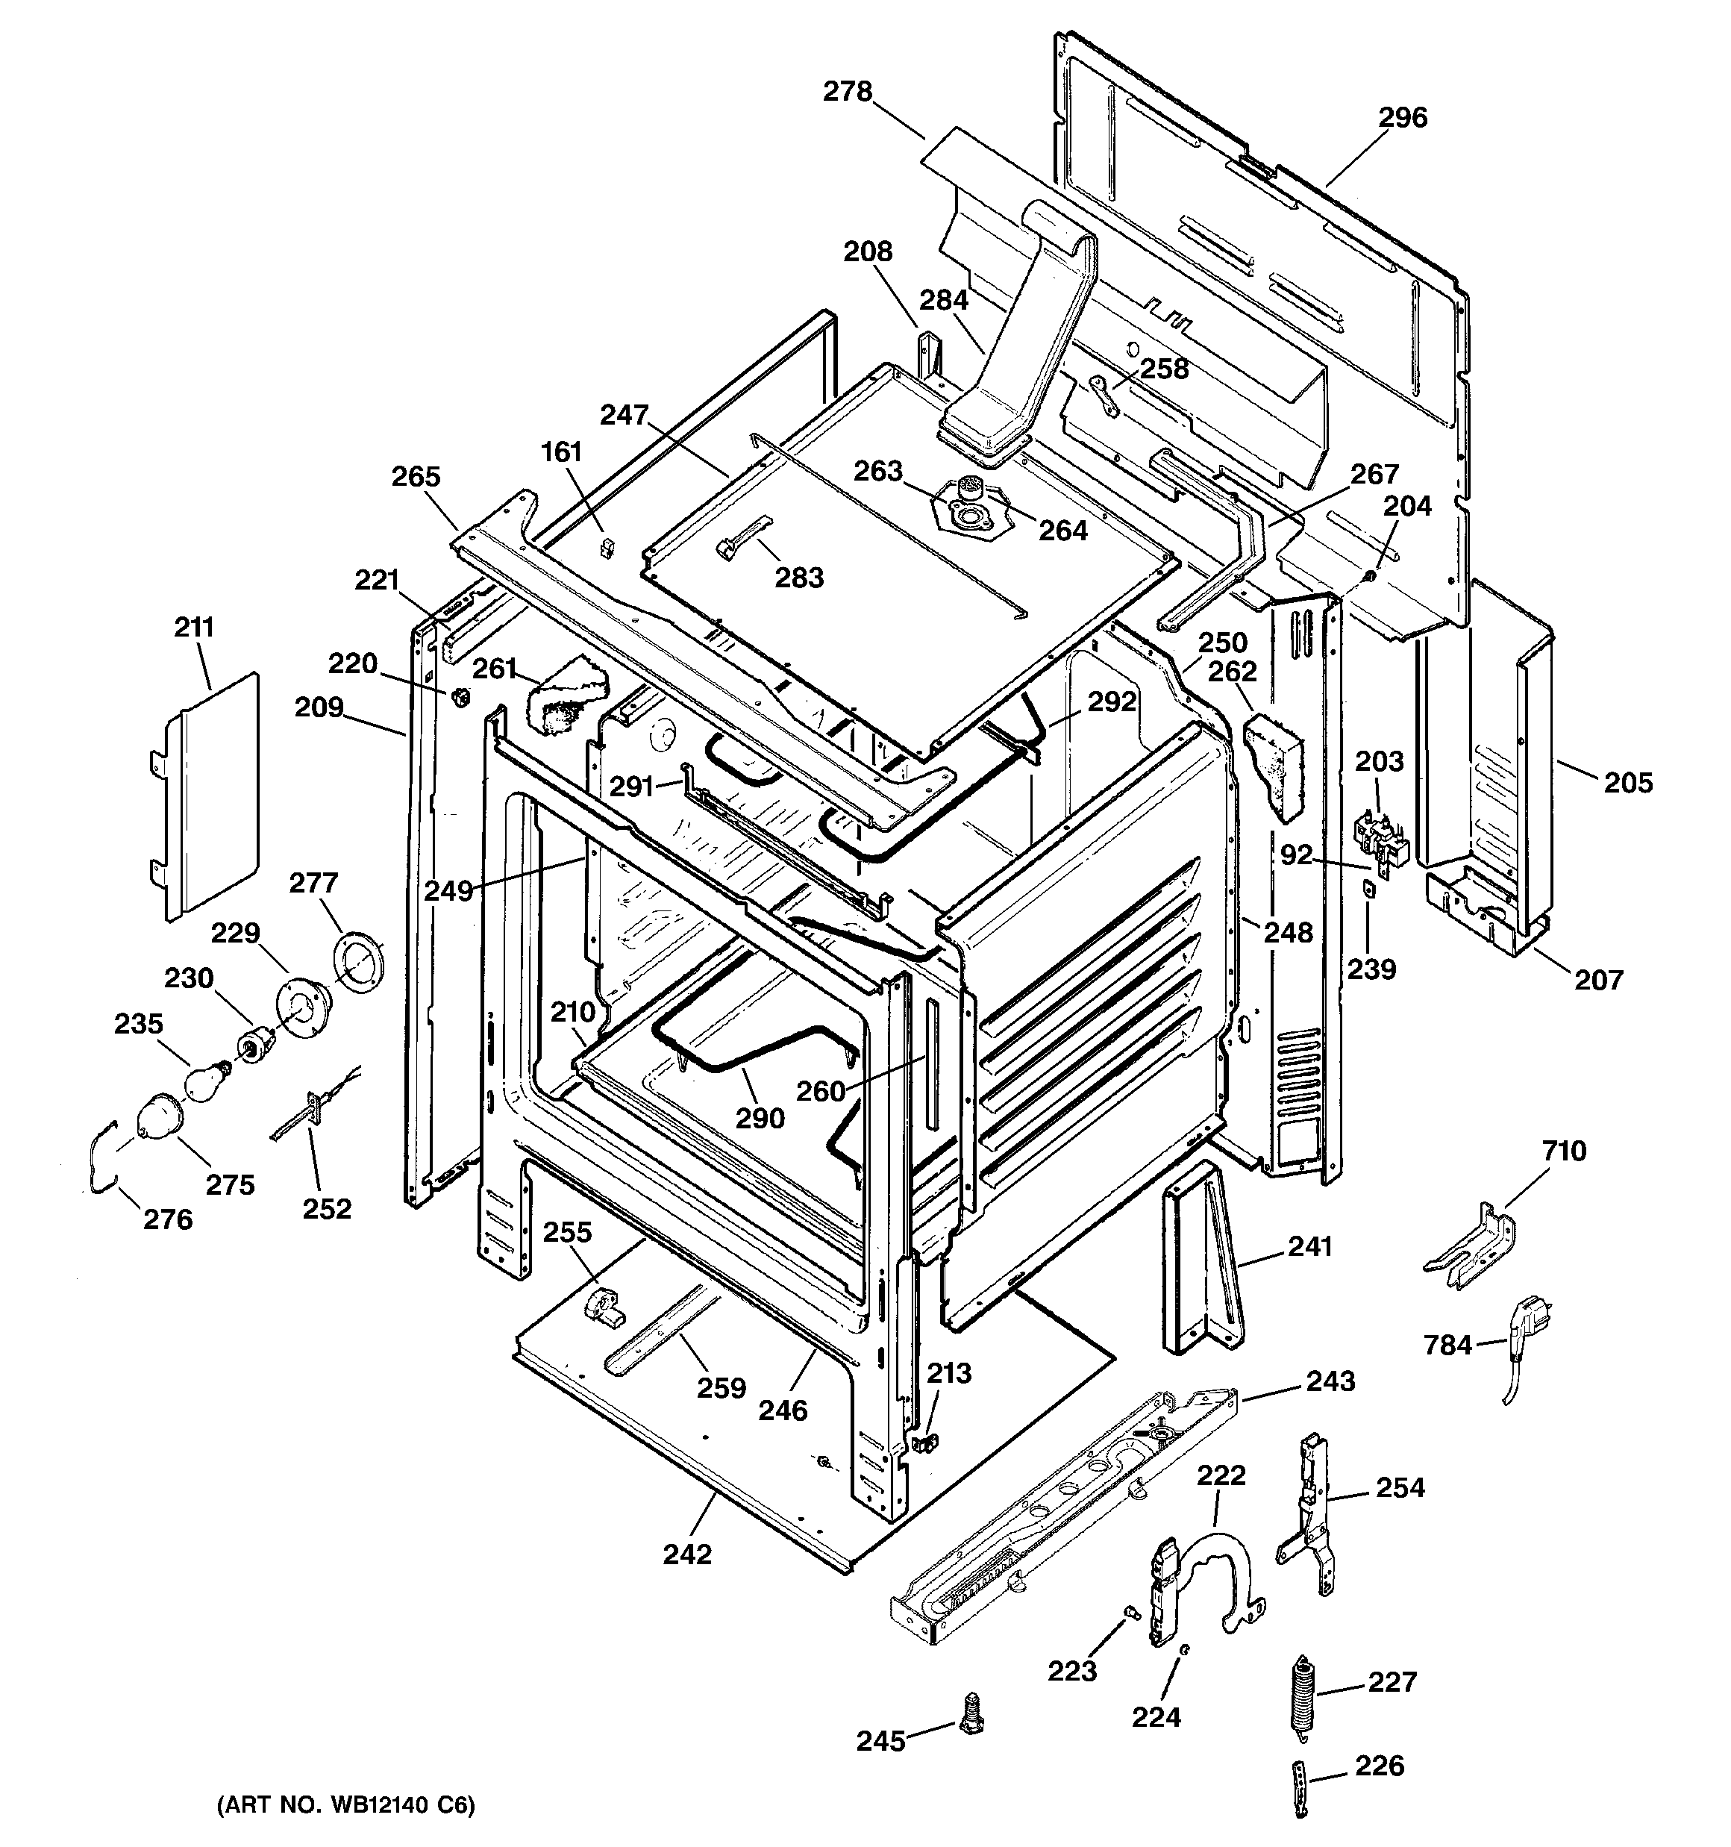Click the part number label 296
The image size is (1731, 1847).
[1401, 117]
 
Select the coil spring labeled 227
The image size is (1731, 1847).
[1303, 1695]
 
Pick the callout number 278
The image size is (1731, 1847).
[848, 91]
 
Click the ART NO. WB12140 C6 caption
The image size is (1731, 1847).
[345, 1805]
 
